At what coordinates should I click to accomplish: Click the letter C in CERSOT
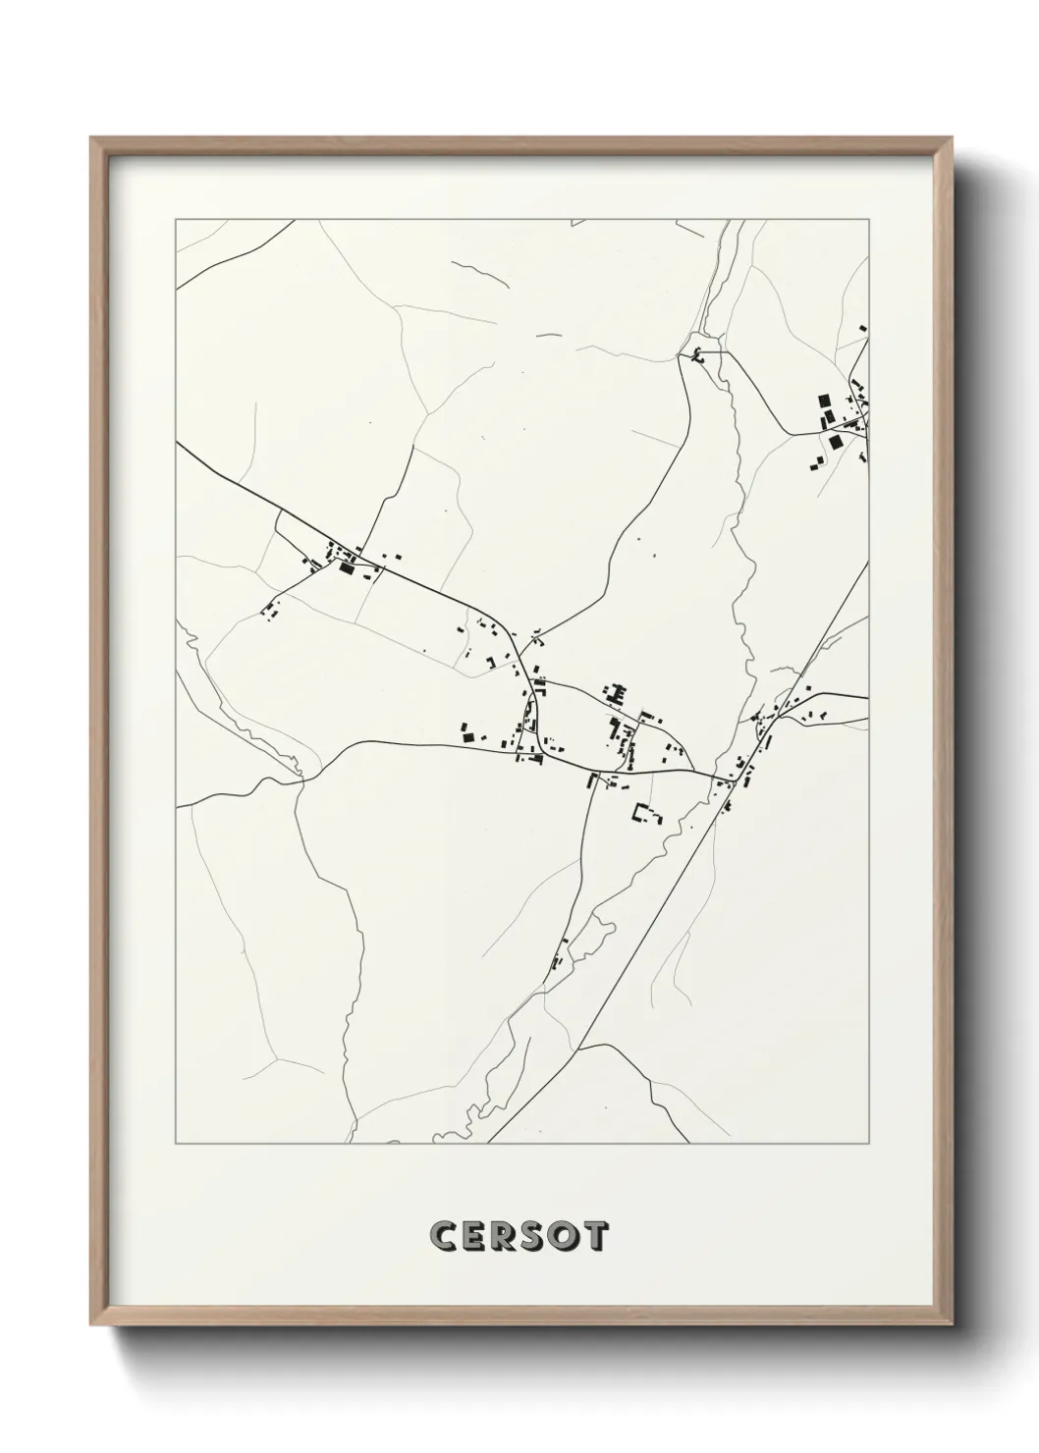pyautogui.click(x=442, y=1236)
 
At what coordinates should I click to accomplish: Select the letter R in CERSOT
pyautogui.click(x=506, y=1236)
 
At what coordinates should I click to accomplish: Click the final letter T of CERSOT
pyautogui.click(x=596, y=1236)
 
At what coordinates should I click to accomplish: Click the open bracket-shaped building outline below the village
pyautogui.click(x=645, y=813)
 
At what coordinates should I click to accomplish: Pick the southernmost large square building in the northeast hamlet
pyautogui.click(x=836, y=443)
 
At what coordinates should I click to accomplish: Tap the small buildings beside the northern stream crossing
pyautogui.click(x=698, y=355)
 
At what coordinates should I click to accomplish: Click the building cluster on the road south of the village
pyautogui.click(x=560, y=954)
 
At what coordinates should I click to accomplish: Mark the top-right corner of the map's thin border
pyautogui.click(x=868, y=220)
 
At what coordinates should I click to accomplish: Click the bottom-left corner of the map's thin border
pyautogui.click(x=176, y=1143)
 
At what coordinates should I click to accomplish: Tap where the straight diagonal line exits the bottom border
pyautogui.click(x=488, y=1143)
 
